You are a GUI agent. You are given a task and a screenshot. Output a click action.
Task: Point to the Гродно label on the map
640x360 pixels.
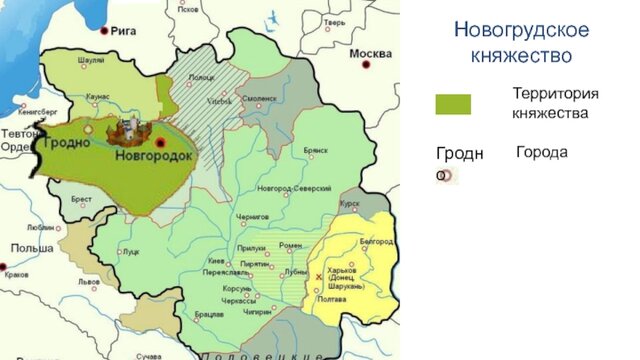[x=66, y=143]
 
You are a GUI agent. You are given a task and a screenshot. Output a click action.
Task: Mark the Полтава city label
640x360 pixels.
[x=331, y=299]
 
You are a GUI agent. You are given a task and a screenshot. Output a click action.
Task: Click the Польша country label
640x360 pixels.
[x=25, y=247]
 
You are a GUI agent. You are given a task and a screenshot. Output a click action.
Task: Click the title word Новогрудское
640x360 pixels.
[x=521, y=29]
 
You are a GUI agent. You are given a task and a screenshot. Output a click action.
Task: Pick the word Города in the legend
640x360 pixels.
[x=541, y=152]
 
